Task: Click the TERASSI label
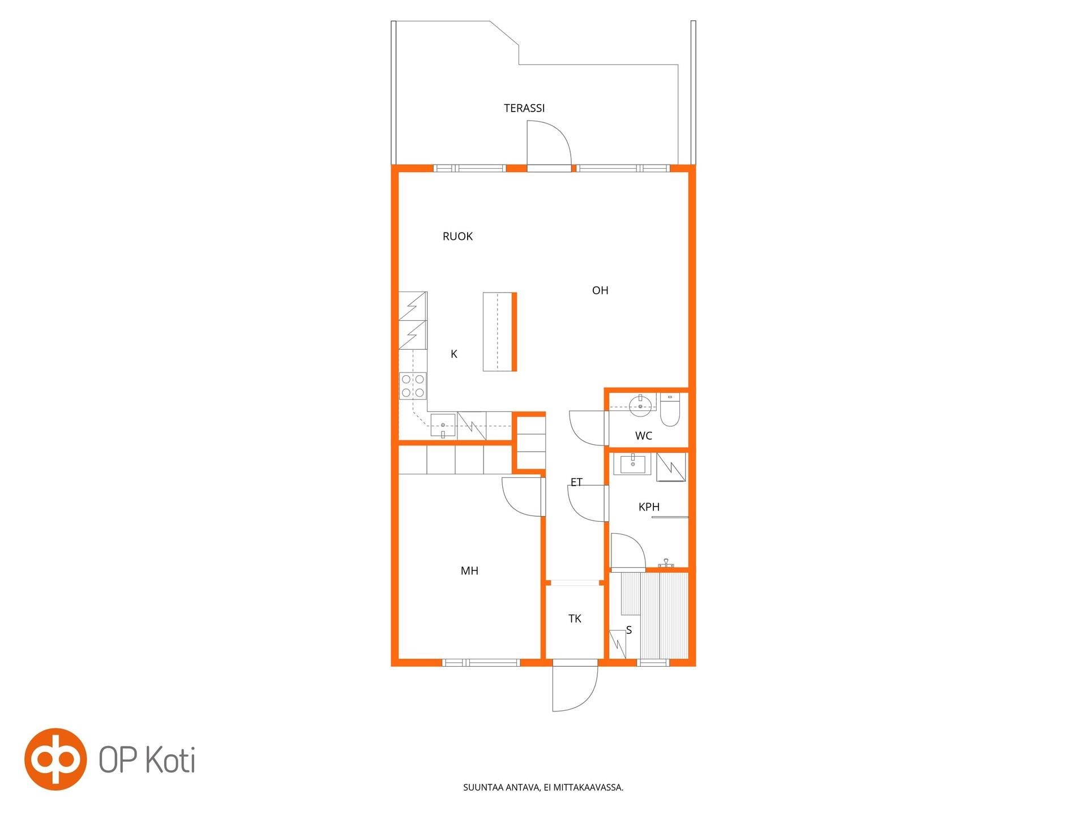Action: [524, 108]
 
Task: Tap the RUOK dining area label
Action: [457, 236]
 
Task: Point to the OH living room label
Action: [600, 290]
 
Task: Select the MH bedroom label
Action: [469, 570]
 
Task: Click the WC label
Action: [644, 436]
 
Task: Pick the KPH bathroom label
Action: [649, 507]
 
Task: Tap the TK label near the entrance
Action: [575, 619]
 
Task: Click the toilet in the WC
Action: [670, 410]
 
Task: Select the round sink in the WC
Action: [640, 402]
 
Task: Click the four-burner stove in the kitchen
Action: [413, 386]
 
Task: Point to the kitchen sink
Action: [443, 426]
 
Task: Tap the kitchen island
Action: [499, 332]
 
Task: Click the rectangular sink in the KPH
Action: [632, 464]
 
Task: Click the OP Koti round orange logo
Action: [55, 759]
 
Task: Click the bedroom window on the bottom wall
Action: [481, 663]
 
